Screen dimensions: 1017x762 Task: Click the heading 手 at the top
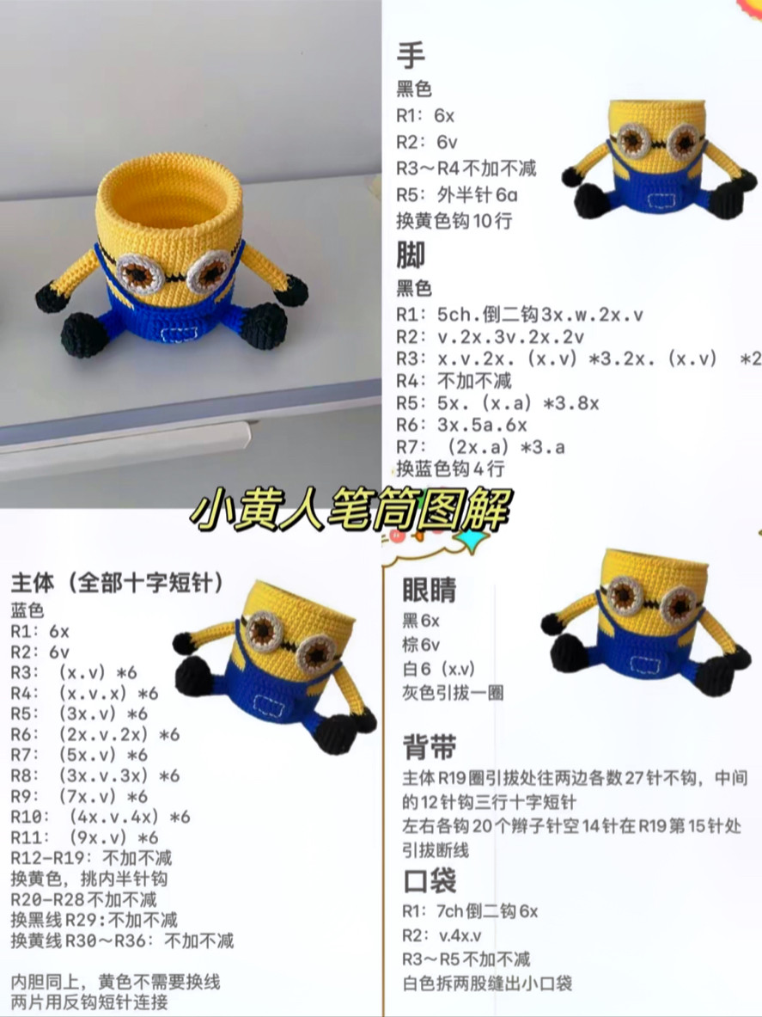point(411,57)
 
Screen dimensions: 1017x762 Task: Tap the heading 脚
point(411,255)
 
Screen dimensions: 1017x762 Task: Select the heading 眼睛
point(430,591)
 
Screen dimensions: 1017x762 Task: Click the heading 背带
point(430,747)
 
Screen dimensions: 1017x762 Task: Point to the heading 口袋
point(430,881)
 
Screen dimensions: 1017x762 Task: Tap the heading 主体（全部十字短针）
point(118,584)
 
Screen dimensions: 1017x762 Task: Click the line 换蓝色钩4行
point(450,469)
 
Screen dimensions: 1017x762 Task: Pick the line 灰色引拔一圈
point(452,692)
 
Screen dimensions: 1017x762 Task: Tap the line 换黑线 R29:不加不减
point(94,919)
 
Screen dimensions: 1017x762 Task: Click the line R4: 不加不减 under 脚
point(454,380)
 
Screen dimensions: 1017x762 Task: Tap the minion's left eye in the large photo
point(137,273)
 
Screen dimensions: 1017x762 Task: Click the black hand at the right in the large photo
point(294,290)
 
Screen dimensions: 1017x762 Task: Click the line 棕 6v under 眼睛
point(421,644)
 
